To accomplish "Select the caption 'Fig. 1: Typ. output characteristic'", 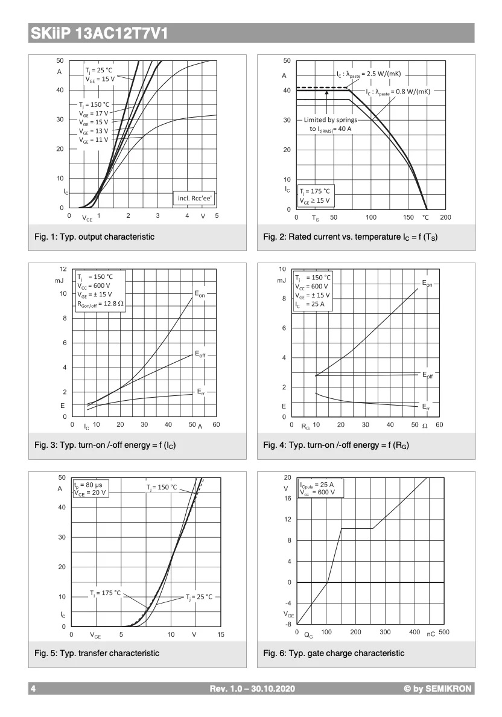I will [94, 237].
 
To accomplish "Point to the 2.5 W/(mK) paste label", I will [369, 74].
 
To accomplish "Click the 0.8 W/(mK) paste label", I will [398, 92].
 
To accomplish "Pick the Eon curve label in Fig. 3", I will [200, 294].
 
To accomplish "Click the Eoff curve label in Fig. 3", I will [200, 355].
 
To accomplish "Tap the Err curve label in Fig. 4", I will [426, 406].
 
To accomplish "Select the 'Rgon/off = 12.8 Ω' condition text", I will [100, 304].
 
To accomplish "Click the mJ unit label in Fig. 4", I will [282, 281].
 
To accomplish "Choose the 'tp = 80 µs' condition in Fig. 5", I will [89, 484].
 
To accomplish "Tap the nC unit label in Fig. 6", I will [431, 634].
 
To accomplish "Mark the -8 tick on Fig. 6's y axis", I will [288, 624].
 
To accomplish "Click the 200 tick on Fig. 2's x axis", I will [445, 217].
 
